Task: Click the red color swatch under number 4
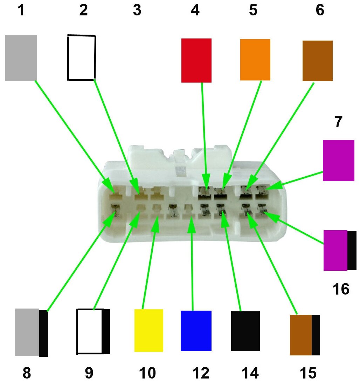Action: tap(196, 60)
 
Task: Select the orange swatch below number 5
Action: tap(255, 59)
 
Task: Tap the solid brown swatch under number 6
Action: tap(317, 61)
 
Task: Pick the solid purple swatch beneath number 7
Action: tap(338, 160)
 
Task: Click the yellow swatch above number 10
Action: tap(148, 330)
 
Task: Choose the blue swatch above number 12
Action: tap(196, 330)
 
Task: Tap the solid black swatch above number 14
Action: tap(245, 331)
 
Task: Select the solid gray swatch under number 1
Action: tap(21, 58)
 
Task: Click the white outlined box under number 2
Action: tap(81, 57)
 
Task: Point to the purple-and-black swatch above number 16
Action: tap(340, 250)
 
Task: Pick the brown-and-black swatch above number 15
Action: tap(305, 335)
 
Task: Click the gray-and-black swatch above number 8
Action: tap(31, 332)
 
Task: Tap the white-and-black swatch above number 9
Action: tap(93, 331)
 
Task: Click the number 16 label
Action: tap(340, 289)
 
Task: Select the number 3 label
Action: tap(137, 10)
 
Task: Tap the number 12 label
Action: tap(201, 373)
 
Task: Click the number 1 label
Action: tap(21, 10)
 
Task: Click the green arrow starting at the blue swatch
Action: tap(192, 266)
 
